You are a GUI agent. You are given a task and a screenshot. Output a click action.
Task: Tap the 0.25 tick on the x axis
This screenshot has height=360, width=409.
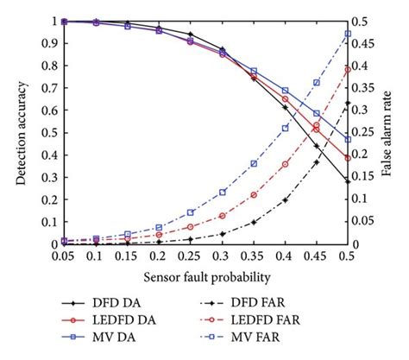tap(191, 257)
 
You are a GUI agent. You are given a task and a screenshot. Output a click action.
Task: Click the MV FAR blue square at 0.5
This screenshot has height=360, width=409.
tap(348, 34)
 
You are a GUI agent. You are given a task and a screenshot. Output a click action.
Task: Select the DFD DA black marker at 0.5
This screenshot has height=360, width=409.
tap(348, 181)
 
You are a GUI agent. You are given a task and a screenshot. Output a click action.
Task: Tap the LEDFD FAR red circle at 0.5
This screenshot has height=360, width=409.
tap(348, 70)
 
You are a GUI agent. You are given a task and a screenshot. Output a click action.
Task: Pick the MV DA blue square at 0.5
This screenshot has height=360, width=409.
tap(348, 139)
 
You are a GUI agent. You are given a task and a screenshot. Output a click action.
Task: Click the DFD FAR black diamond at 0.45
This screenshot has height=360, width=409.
tap(317, 162)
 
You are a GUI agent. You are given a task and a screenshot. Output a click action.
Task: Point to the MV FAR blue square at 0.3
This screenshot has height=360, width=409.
tap(223, 192)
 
